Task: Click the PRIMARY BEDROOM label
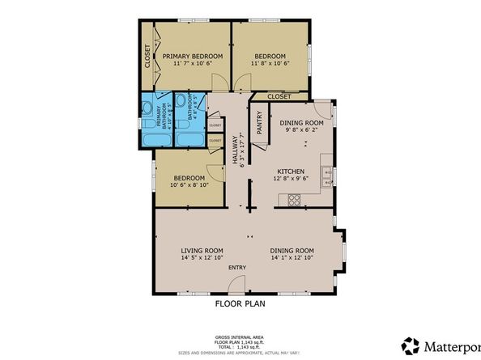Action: [193, 56]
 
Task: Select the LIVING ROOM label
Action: [202, 250]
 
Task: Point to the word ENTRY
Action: [237, 268]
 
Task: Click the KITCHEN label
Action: [291, 172]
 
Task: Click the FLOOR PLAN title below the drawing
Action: [240, 305]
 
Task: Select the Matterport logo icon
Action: [411, 346]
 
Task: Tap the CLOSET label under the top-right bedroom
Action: [279, 96]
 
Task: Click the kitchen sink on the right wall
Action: [325, 174]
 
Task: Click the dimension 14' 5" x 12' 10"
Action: [202, 259]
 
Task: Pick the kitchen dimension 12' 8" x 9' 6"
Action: [291, 180]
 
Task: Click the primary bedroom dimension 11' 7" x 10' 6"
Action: [193, 64]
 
